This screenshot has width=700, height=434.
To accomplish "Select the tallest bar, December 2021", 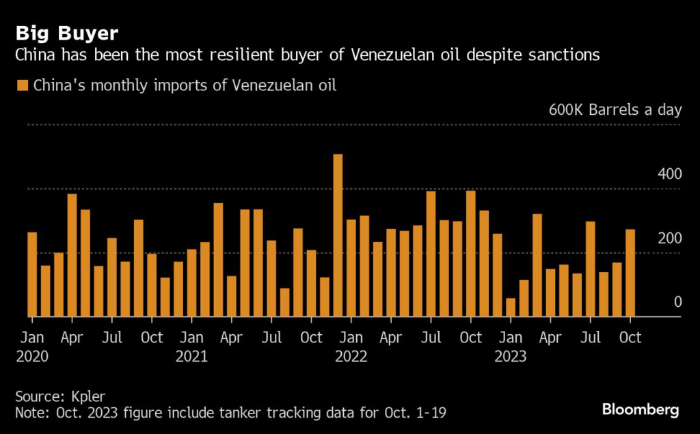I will click(x=338, y=236).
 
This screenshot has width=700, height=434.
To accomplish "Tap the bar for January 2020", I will click(x=32, y=275).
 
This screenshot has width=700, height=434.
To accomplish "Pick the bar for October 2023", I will click(x=630, y=273).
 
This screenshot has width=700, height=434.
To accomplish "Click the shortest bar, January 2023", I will click(x=511, y=308).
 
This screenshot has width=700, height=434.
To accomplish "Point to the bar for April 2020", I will click(x=72, y=256).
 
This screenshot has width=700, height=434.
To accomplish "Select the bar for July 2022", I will click(x=431, y=254).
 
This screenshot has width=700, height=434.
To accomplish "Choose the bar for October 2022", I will click(x=470, y=254).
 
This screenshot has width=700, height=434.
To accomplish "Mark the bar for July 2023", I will click(x=590, y=269).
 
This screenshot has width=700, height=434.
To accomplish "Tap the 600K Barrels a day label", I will click(x=615, y=110).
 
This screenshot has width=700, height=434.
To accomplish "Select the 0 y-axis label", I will click(x=677, y=302).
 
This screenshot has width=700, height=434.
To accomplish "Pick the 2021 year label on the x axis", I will click(x=191, y=356).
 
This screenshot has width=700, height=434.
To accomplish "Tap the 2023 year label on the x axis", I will click(x=511, y=356).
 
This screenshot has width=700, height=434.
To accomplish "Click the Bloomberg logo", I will click(x=641, y=410).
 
